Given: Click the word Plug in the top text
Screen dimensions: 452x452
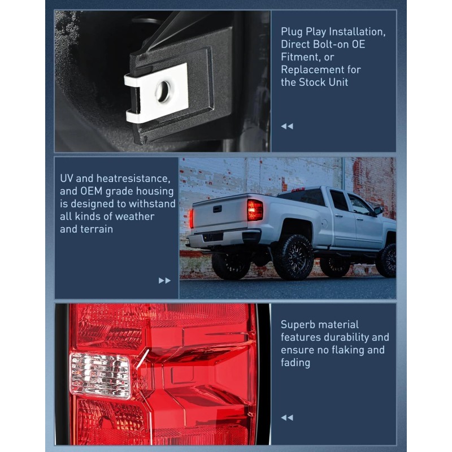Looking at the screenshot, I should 292,32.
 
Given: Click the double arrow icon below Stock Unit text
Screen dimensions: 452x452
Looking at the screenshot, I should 287,126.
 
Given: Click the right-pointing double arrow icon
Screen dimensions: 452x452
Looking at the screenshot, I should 164,280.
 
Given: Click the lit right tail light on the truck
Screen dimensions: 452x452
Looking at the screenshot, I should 255,210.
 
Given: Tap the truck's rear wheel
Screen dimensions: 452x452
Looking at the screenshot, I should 293,257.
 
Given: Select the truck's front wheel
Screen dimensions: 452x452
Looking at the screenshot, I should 387,260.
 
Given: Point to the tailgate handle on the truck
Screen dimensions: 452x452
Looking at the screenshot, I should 216,208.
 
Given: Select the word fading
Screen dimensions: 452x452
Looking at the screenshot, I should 295,363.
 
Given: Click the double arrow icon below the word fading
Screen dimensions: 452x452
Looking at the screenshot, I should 287,418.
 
